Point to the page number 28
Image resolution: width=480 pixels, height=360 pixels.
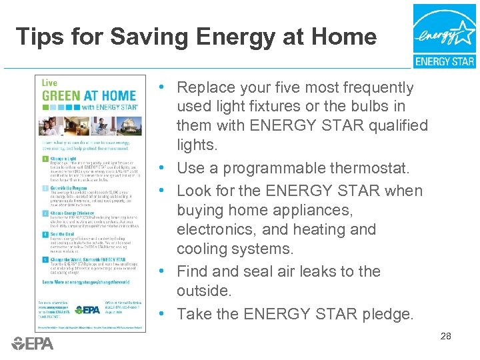[x=445, y=337]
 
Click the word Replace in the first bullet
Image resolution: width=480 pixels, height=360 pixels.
[x=205, y=87]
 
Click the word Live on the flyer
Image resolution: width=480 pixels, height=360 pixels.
[x=50, y=83]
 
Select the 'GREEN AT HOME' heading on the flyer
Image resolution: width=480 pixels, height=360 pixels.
[x=89, y=95]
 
